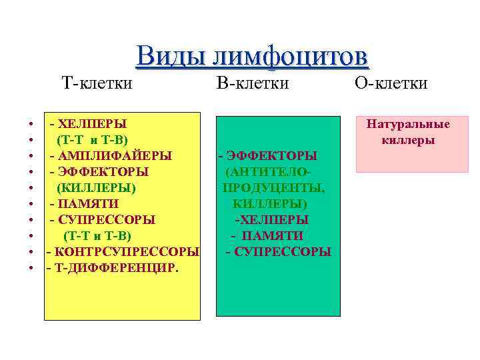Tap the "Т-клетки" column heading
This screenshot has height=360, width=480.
[x=97, y=83]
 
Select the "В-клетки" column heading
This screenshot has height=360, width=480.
[x=253, y=83]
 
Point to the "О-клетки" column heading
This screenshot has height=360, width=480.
[x=391, y=83]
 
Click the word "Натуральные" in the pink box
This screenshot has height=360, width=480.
[x=408, y=124]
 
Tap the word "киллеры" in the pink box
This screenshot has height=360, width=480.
[x=408, y=140]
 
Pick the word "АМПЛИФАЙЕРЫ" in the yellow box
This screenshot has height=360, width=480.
[x=114, y=155]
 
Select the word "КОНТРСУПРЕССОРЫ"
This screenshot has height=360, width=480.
[x=126, y=251]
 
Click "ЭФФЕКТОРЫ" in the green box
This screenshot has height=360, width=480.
[x=271, y=155]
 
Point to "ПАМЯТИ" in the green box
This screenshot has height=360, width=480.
[x=272, y=235]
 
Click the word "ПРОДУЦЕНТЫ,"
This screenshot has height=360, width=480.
[x=274, y=187]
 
